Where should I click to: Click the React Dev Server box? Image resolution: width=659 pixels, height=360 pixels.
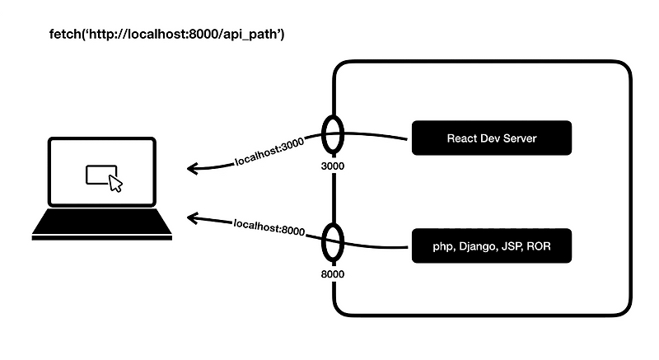pos(491,138)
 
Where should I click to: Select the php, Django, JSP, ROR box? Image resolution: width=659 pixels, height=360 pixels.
pos(491,245)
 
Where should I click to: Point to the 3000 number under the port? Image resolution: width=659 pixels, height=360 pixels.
pos(333,166)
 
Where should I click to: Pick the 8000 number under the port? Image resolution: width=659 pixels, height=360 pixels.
pos(333,274)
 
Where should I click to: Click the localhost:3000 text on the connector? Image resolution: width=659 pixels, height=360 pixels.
pos(269,152)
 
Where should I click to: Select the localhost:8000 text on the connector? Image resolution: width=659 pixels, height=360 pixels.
pos(269,227)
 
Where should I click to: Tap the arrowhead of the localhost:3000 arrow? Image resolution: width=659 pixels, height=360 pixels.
pos(192,168)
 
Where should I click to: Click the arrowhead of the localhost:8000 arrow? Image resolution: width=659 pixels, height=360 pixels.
pos(192,218)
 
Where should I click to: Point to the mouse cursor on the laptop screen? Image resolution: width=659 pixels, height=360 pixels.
pos(115,184)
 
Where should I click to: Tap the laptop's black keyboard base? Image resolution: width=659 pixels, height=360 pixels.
pos(101,224)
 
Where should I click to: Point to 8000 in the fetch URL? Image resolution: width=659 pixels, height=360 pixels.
pos(203,34)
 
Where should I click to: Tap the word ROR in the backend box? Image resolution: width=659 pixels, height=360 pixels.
pos(539,245)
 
